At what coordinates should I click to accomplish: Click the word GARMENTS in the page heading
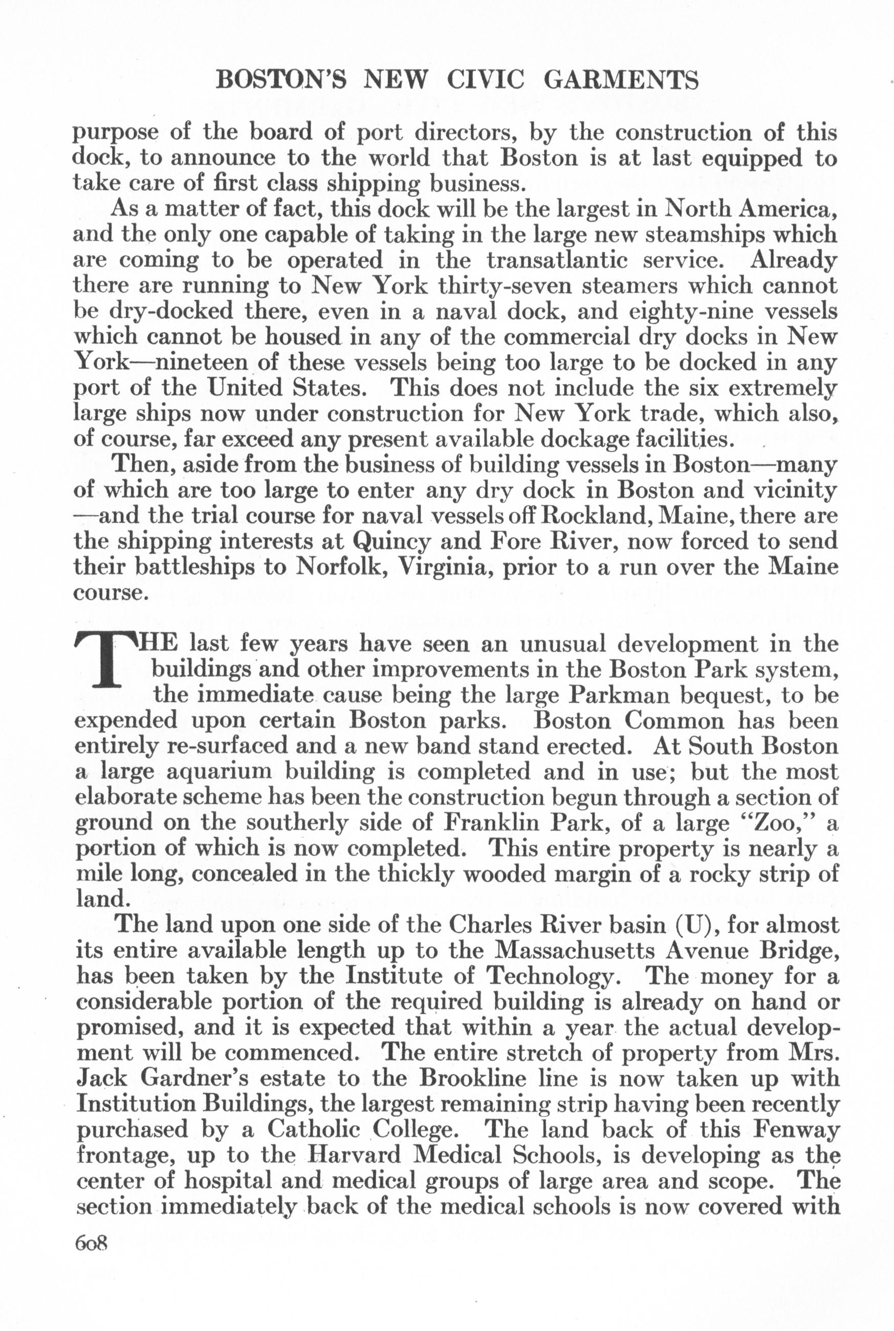pos(621,81)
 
